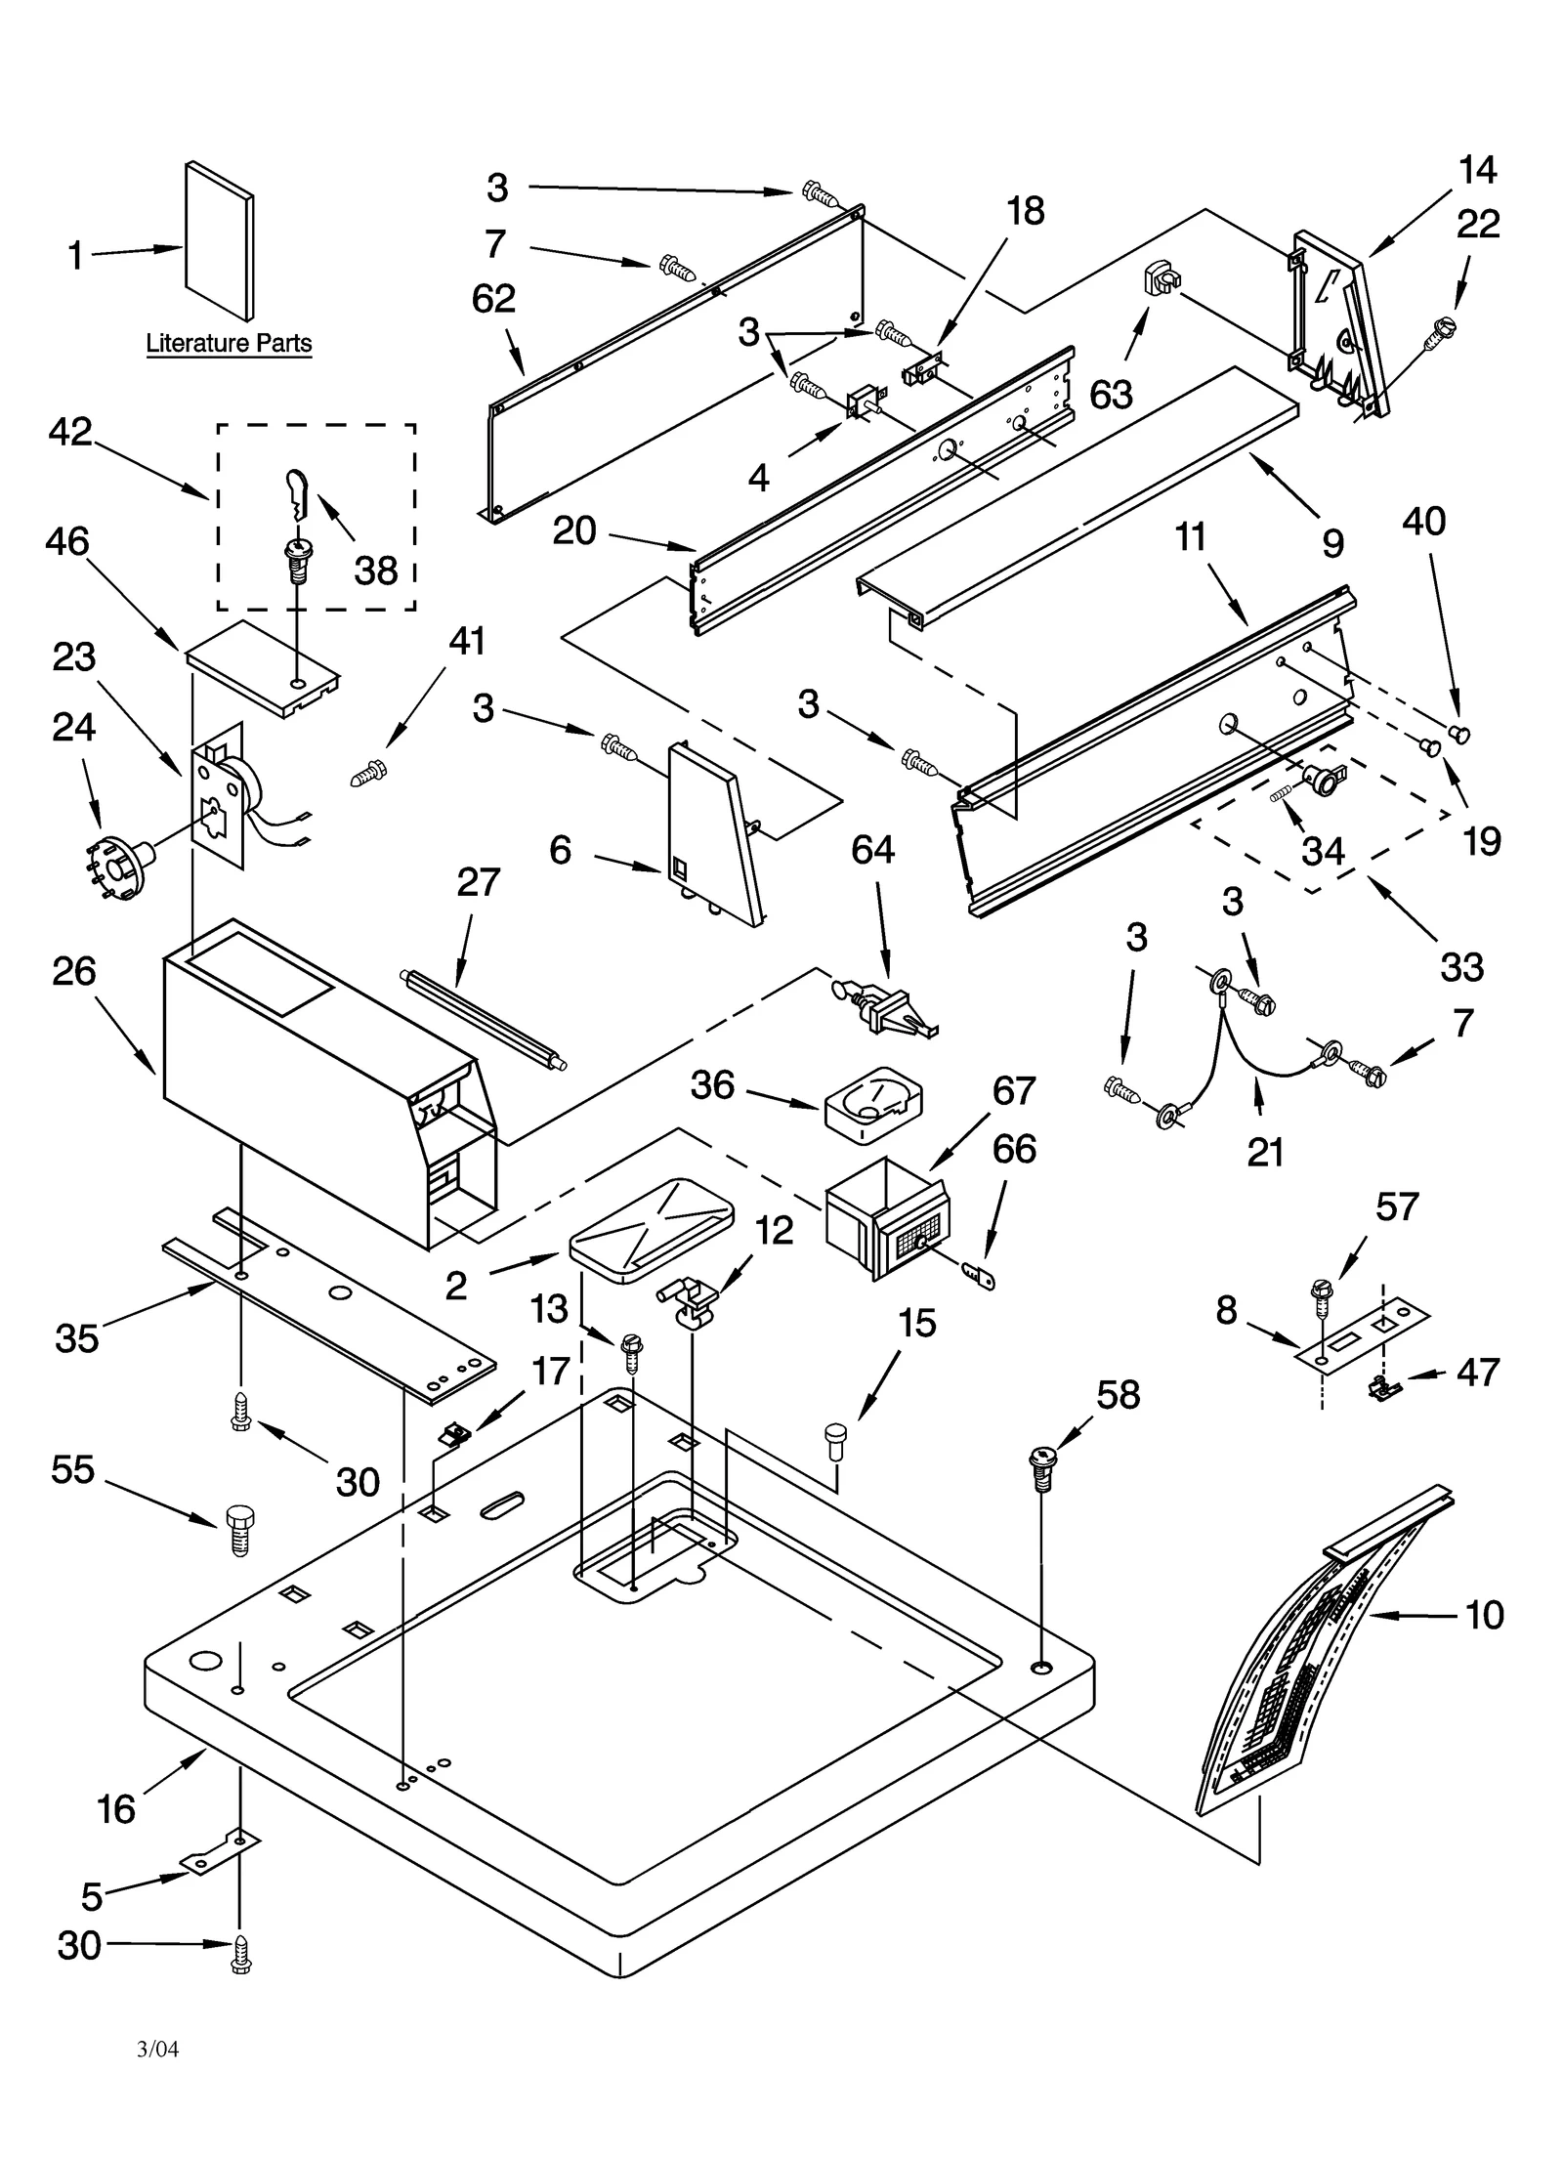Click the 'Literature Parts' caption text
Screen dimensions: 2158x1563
tap(229, 343)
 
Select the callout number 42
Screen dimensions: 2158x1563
tap(70, 432)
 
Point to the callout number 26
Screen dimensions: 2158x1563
tap(74, 971)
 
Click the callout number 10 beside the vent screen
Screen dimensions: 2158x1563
tap(1484, 1615)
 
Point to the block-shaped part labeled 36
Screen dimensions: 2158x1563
tap(872, 1104)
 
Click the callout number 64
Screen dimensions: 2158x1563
tap(872, 850)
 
